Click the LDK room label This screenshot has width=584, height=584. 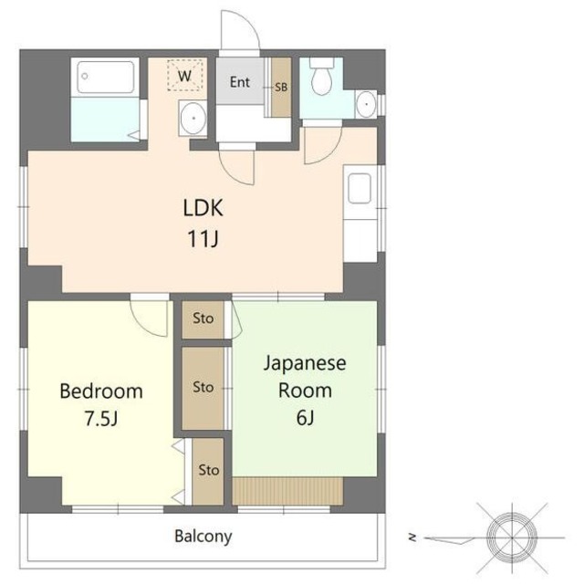point(203,208)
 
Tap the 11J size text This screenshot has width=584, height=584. point(203,238)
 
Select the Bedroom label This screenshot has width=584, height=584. point(101,391)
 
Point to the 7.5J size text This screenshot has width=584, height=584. point(101,418)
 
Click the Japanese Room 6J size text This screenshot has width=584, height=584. point(305,418)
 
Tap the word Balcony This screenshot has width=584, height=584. point(203,537)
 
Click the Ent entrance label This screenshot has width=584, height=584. point(239,82)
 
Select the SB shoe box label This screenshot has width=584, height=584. point(281,88)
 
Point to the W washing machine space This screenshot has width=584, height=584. point(184,75)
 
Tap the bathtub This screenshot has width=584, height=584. point(106,77)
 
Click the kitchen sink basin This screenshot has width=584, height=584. point(359,189)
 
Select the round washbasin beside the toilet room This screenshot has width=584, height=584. point(366,104)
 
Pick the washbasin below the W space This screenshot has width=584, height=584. point(193,118)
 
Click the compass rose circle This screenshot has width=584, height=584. point(512,537)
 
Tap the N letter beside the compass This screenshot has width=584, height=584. point(412,537)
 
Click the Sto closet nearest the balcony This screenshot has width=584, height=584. point(208,471)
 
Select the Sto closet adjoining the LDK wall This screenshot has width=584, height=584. point(203,319)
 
